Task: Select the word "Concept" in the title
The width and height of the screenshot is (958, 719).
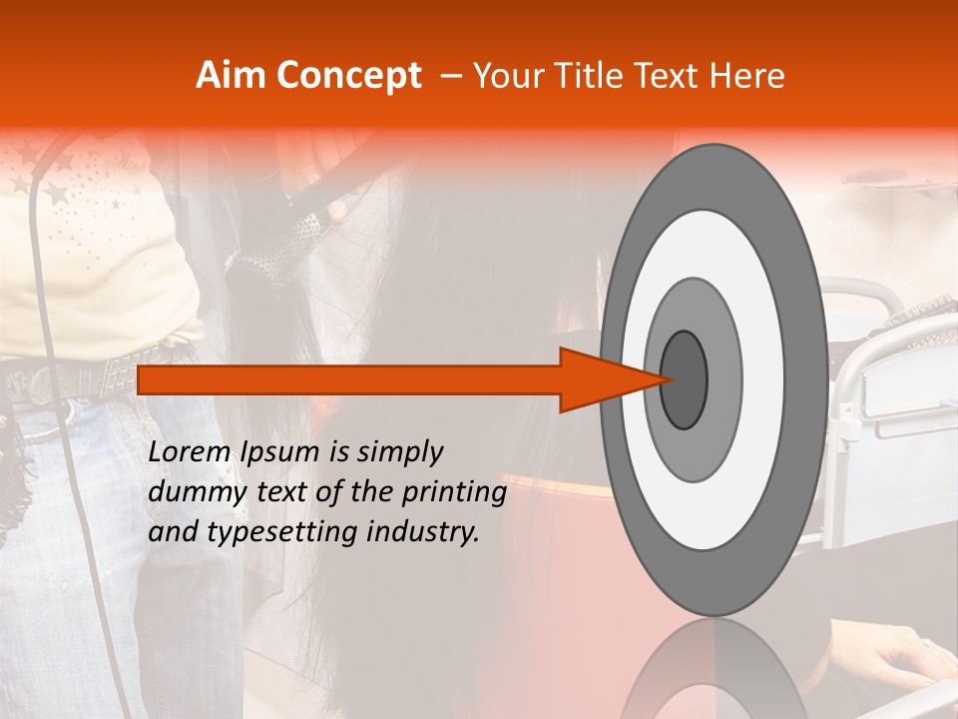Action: [349, 77]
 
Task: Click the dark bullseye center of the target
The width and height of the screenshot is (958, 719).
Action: [684, 379]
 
